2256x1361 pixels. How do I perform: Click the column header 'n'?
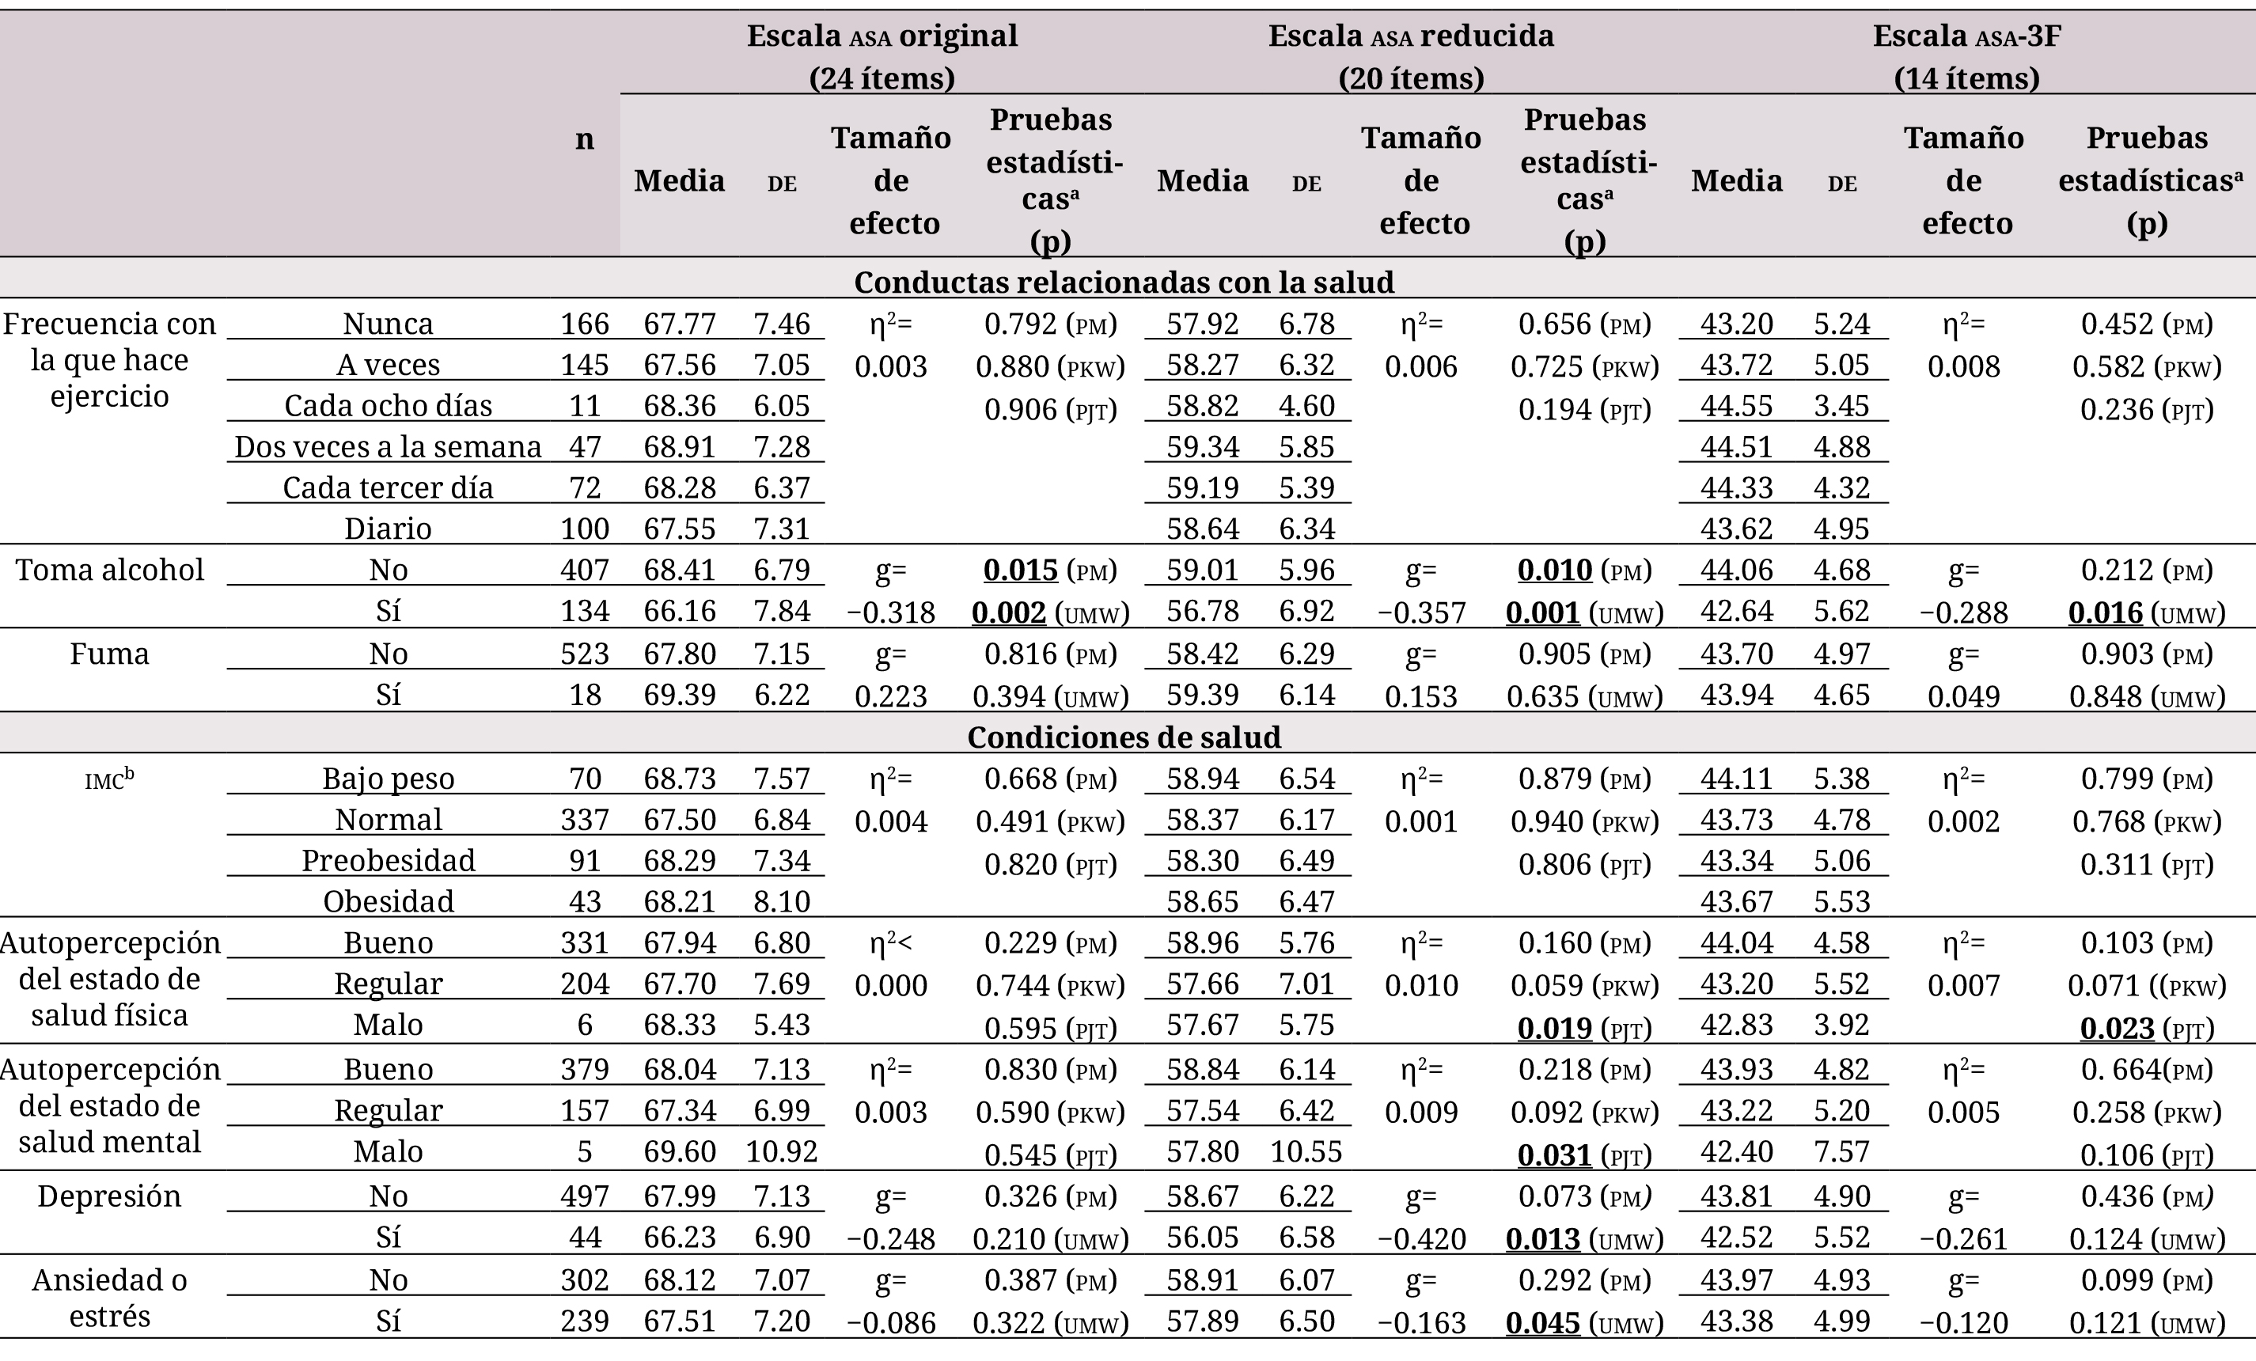pos(584,139)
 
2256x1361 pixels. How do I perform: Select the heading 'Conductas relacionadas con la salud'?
pos(1124,281)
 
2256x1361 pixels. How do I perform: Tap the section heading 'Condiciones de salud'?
pos(1124,737)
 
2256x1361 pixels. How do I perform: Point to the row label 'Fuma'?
pos(110,654)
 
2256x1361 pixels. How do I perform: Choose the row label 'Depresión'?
pos(110,1196)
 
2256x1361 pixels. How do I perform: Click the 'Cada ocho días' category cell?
pos(389,405)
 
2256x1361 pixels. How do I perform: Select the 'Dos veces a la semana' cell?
pos(389,446)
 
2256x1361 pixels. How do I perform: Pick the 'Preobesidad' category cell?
pos(389,860)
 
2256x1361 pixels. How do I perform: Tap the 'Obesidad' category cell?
pos(389,901)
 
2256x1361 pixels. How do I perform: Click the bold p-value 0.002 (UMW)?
pos(1051,612)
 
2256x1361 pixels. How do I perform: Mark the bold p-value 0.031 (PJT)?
pos(1585,1155)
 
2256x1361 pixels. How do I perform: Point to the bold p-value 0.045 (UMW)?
pos(1585,1322)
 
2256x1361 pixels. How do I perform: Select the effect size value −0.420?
pos(1422,1238)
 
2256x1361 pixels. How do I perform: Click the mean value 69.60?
pos(680,1151)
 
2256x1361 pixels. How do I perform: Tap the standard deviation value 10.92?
pos(782,1151)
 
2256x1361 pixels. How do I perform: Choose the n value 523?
pos(585,654)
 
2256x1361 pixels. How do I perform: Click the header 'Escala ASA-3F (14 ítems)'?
pos(1966,57)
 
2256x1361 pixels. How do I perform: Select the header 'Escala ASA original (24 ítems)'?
pos(882,57)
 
